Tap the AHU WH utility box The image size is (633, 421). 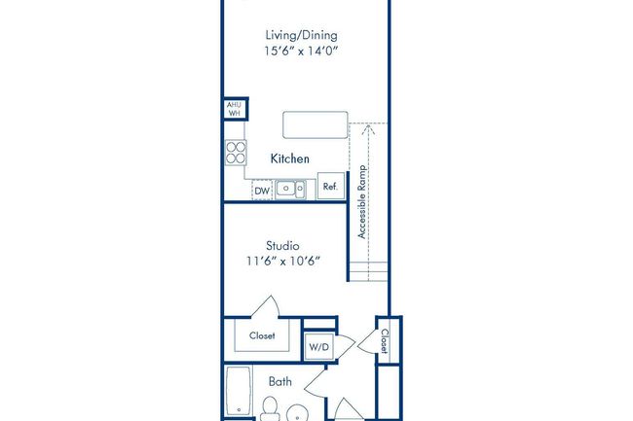[x=234, y=109]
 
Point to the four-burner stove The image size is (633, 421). [x=236, y=152]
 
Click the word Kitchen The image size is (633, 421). [x=289, y=158]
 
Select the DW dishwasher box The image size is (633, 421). [x=261, y=191]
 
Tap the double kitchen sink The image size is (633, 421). [x=290, y=189]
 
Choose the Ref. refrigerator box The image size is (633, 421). [x=330, y=187]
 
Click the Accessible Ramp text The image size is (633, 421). [x=361, y=201]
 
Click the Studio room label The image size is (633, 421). [x=281, y=245]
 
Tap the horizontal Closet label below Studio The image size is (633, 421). [x=262, y=336]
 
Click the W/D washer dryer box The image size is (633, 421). [x=318, y=346]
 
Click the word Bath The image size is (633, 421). [x=280, y=382]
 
